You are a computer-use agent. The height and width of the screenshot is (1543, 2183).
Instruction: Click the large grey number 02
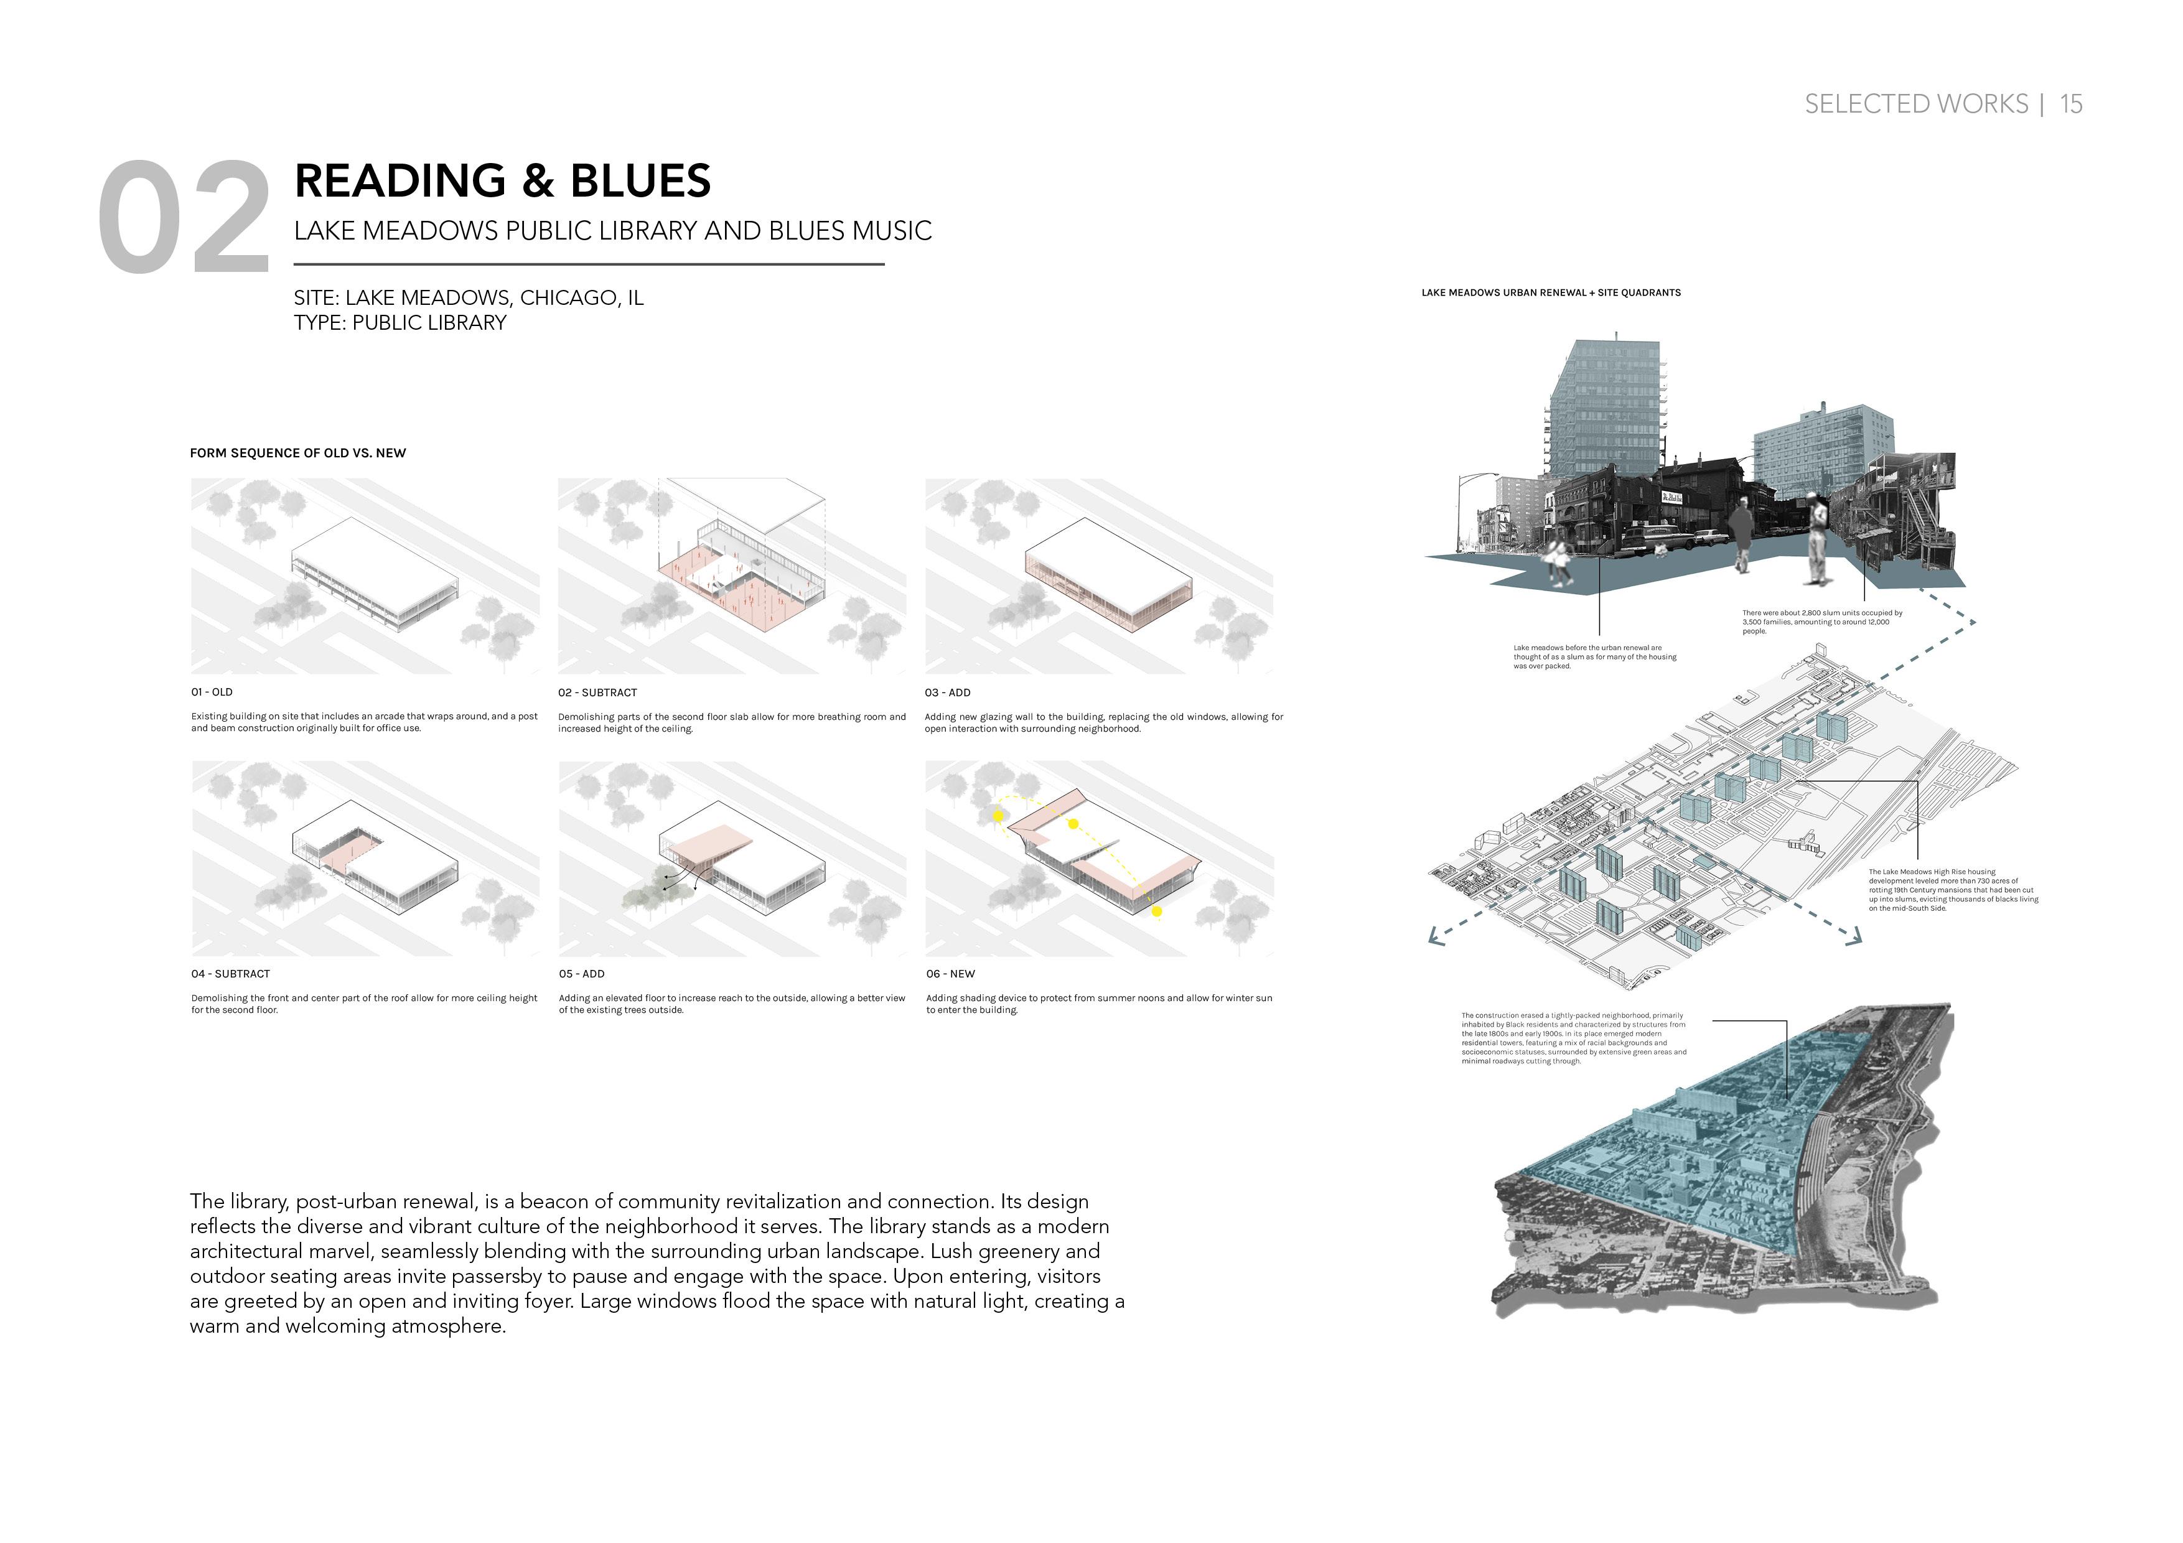point(184,218)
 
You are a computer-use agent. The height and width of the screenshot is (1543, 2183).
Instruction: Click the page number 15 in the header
point(2071,104)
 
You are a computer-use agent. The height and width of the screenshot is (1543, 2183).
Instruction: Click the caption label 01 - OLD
point(211,692)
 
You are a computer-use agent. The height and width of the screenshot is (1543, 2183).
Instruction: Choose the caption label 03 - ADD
point(947,692)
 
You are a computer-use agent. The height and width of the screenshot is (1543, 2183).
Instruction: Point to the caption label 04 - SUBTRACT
point(230,974)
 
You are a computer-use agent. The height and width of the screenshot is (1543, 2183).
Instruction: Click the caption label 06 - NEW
point(950,974)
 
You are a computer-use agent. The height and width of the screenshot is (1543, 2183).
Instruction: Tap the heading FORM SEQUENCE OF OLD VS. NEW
point(297,452)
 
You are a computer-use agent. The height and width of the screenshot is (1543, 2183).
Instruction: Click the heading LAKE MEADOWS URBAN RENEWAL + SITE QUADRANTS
point(1551,293)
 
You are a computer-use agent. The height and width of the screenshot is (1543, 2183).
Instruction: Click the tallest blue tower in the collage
point(1605,409)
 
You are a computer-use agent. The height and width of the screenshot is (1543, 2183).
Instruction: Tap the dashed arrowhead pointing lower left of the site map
point(1435,939)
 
